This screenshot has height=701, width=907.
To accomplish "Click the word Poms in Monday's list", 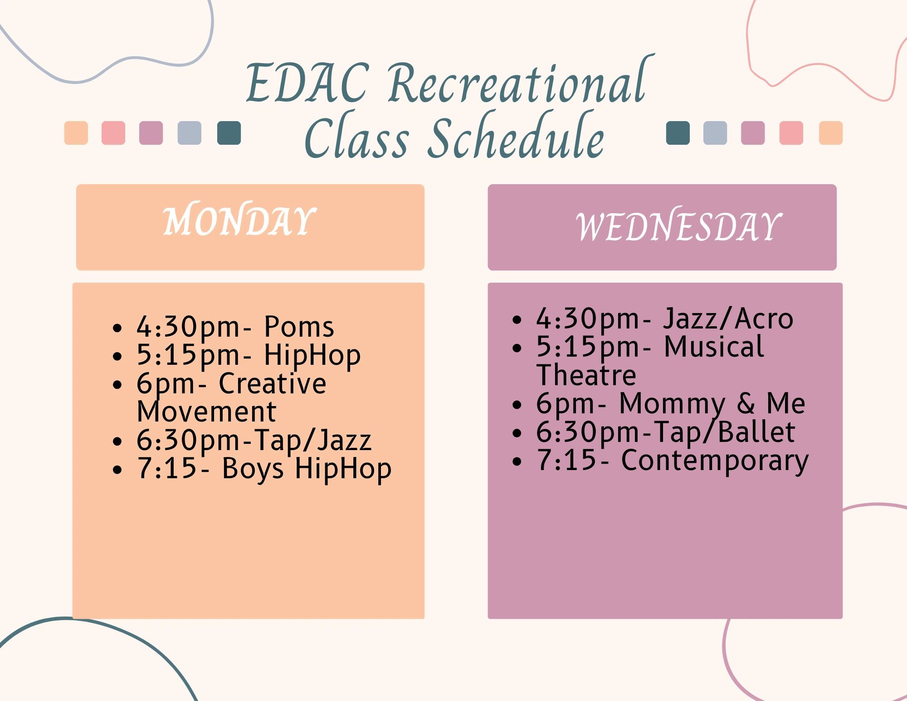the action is [299, 327].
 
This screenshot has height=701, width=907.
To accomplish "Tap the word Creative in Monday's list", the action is [272, 383].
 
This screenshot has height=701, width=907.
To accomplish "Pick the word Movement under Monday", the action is [206, 412].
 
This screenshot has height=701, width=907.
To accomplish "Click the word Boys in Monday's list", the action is [253, 469].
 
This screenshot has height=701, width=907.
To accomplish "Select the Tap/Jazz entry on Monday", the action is [313, 441].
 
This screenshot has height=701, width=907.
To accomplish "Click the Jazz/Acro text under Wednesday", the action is [728, 319].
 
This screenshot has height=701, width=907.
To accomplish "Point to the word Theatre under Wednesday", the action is [586, 375].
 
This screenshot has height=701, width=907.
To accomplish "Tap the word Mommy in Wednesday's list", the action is [673, 404].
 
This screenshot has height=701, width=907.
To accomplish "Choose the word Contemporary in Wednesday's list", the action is [715, 461].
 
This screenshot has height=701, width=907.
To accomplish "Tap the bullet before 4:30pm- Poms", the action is [117, 328].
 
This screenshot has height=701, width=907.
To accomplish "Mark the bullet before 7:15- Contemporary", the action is [517, 461].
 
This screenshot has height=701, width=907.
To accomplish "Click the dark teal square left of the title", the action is [229, 133].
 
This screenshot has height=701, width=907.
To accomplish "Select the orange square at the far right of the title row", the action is [831, 133].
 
